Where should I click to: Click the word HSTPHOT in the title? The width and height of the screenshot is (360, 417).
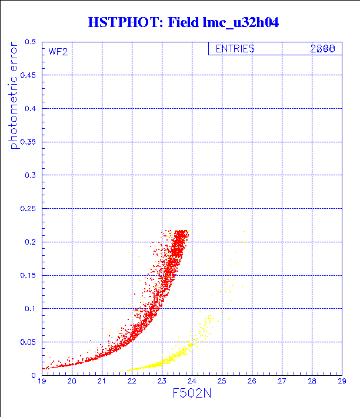point(116,23)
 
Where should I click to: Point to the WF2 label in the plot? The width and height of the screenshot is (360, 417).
point(58,52)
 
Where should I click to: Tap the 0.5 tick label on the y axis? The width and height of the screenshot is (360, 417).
point(31,42)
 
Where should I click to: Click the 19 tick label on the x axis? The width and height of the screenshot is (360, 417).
point(42,381)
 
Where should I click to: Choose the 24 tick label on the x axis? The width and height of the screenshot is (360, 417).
point(192,381)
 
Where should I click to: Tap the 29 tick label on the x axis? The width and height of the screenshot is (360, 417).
point(341,381)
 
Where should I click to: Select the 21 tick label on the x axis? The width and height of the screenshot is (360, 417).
point(102,381)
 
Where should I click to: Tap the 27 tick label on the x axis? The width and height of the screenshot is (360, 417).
point(281,381)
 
